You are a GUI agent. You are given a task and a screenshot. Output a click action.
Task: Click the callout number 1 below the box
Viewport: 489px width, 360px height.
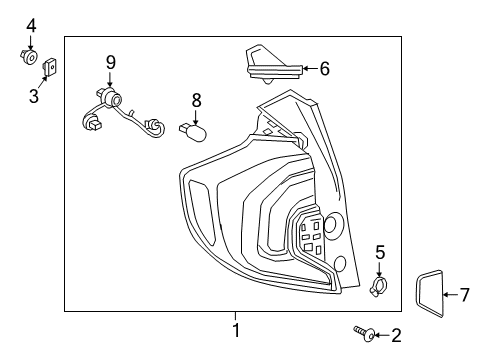pos(236,330)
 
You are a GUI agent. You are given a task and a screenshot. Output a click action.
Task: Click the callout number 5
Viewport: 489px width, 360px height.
pos(380,251)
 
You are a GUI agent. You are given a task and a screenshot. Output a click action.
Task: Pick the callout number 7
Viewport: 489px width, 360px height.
pos(463,294)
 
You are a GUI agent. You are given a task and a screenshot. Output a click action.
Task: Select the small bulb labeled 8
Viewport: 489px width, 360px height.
pos(193,130)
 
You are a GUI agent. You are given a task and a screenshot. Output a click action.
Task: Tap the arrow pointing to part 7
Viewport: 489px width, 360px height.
pos(450,294)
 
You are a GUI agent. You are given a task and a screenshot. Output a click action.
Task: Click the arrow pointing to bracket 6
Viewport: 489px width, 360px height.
pos(308,68)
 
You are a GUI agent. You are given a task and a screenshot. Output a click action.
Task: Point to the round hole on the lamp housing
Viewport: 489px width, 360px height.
pos(332,223)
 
